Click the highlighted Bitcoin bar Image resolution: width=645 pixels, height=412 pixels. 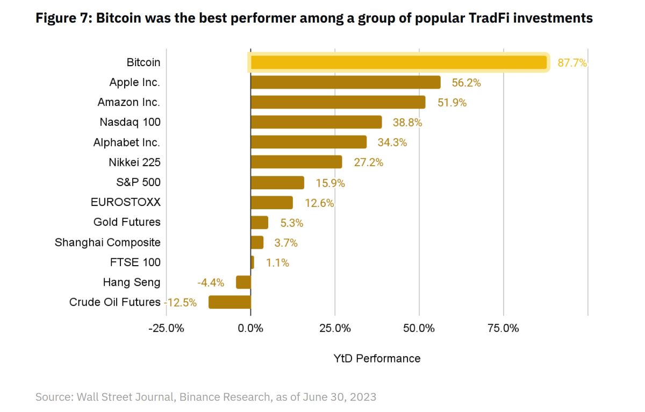(398, 62)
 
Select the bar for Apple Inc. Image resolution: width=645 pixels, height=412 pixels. (345, 82)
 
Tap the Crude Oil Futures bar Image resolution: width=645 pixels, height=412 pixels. (230, 302)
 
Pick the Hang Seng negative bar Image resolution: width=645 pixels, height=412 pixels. (243, 282)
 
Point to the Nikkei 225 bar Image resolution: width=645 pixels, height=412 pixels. (296, 162)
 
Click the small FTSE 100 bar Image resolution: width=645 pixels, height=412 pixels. (253, 262)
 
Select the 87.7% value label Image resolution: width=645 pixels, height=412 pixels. (572, 63)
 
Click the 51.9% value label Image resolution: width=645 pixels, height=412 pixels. (451, 103)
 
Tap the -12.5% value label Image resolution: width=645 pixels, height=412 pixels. (181, 302)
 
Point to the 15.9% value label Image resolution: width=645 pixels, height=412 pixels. (330, 183)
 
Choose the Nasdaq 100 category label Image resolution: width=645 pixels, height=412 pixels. (130, 122)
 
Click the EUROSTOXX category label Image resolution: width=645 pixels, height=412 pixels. (126, 202)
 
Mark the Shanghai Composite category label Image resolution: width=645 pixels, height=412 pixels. (107, 242)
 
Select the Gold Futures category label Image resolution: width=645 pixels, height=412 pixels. (127, 222)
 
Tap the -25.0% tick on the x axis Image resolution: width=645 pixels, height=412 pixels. (166, 328)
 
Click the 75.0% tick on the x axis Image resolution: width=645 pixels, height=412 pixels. (503, 328)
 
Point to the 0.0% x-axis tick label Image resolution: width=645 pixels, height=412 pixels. (250, 328)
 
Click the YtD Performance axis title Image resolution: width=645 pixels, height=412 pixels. (377, 358)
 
